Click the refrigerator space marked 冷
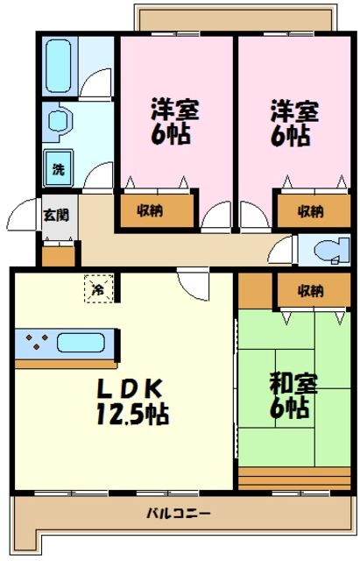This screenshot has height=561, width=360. click(99, 287)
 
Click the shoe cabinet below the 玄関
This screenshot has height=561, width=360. click(60, 257)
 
